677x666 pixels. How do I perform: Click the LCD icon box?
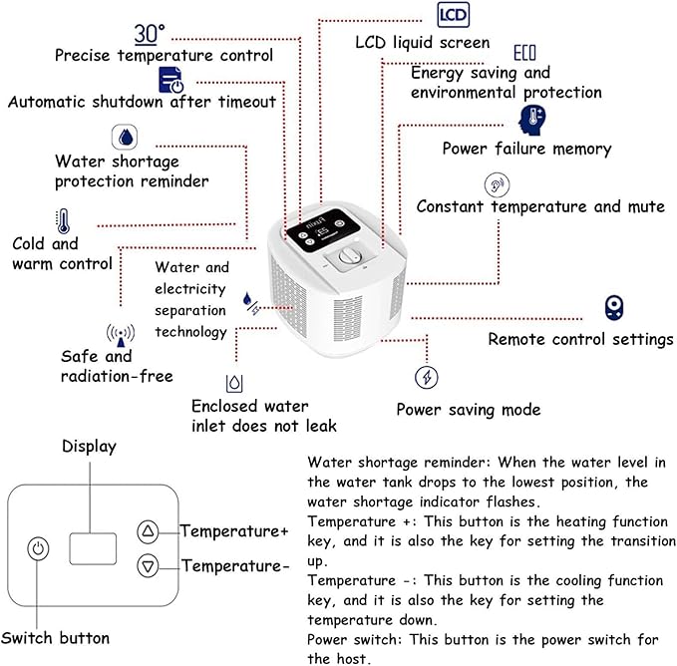453,15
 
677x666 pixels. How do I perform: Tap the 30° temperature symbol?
150,34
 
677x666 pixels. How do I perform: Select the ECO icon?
524,53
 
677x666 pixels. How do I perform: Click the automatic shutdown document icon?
170,80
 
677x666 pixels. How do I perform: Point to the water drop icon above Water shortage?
125,137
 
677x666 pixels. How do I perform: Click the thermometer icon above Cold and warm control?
63,221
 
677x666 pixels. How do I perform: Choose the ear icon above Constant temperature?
497,185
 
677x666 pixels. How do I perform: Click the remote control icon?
613,308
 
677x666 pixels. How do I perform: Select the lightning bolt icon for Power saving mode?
426,377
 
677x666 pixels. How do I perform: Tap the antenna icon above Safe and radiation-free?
121,335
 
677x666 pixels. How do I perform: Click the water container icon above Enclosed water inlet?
234,383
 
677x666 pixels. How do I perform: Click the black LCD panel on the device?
323,230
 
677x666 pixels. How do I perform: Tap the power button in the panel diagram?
39,548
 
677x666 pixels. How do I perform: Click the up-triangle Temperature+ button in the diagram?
149,530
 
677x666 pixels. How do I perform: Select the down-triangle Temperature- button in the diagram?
149,566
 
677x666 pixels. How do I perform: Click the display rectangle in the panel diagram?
93,548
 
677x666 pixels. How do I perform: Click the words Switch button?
55,638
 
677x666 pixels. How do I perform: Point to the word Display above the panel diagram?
90,447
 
